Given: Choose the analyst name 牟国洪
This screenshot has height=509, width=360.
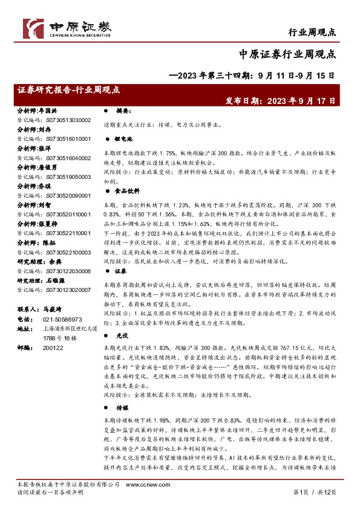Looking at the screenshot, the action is point(47,111).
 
